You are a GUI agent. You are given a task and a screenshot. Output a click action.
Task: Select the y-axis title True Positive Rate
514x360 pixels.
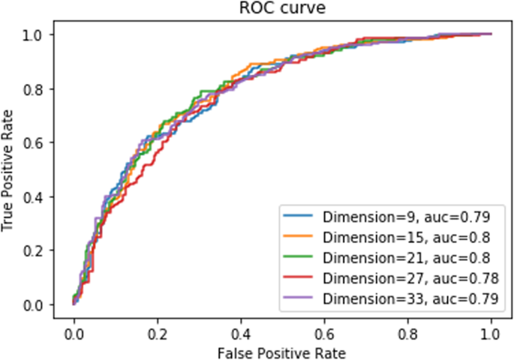pyautogui.click(x=10, y=169)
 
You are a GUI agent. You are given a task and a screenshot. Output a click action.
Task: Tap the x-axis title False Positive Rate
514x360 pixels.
pyautogui.click(x=282, y=350)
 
